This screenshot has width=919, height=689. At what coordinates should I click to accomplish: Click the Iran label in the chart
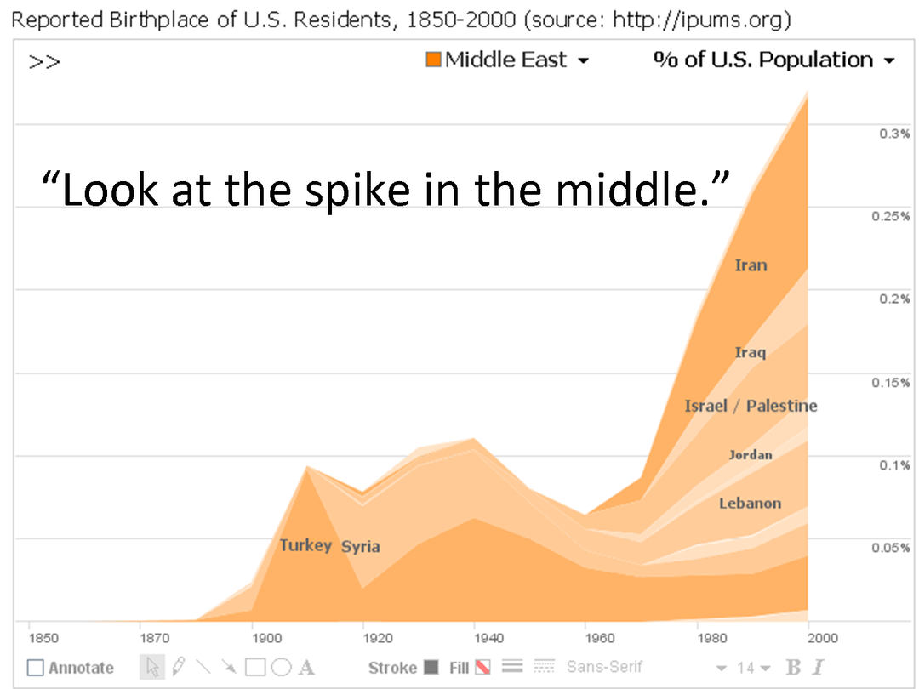point(751,265)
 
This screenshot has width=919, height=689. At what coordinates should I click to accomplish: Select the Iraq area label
point(751,352)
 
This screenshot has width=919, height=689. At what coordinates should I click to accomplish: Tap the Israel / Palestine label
point(751,406)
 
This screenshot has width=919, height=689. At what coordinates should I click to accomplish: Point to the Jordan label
point(751,455)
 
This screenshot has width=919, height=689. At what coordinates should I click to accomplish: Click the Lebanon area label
point(750,503)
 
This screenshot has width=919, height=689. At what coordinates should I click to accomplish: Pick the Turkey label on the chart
point(305,545)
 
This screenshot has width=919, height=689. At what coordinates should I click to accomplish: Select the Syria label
point(361,547)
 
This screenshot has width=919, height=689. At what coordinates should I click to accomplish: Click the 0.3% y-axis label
point(894,134)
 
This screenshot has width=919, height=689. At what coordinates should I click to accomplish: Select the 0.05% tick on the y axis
point(891,547)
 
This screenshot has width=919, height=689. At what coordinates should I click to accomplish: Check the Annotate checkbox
point(35,668)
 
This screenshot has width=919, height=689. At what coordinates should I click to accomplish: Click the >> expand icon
point(44,62)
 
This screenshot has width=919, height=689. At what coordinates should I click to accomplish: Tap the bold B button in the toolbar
point(793,668)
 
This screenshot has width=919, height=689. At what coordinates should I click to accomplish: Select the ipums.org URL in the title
point(701,20)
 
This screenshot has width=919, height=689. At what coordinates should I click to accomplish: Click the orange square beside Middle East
point(433,60)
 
